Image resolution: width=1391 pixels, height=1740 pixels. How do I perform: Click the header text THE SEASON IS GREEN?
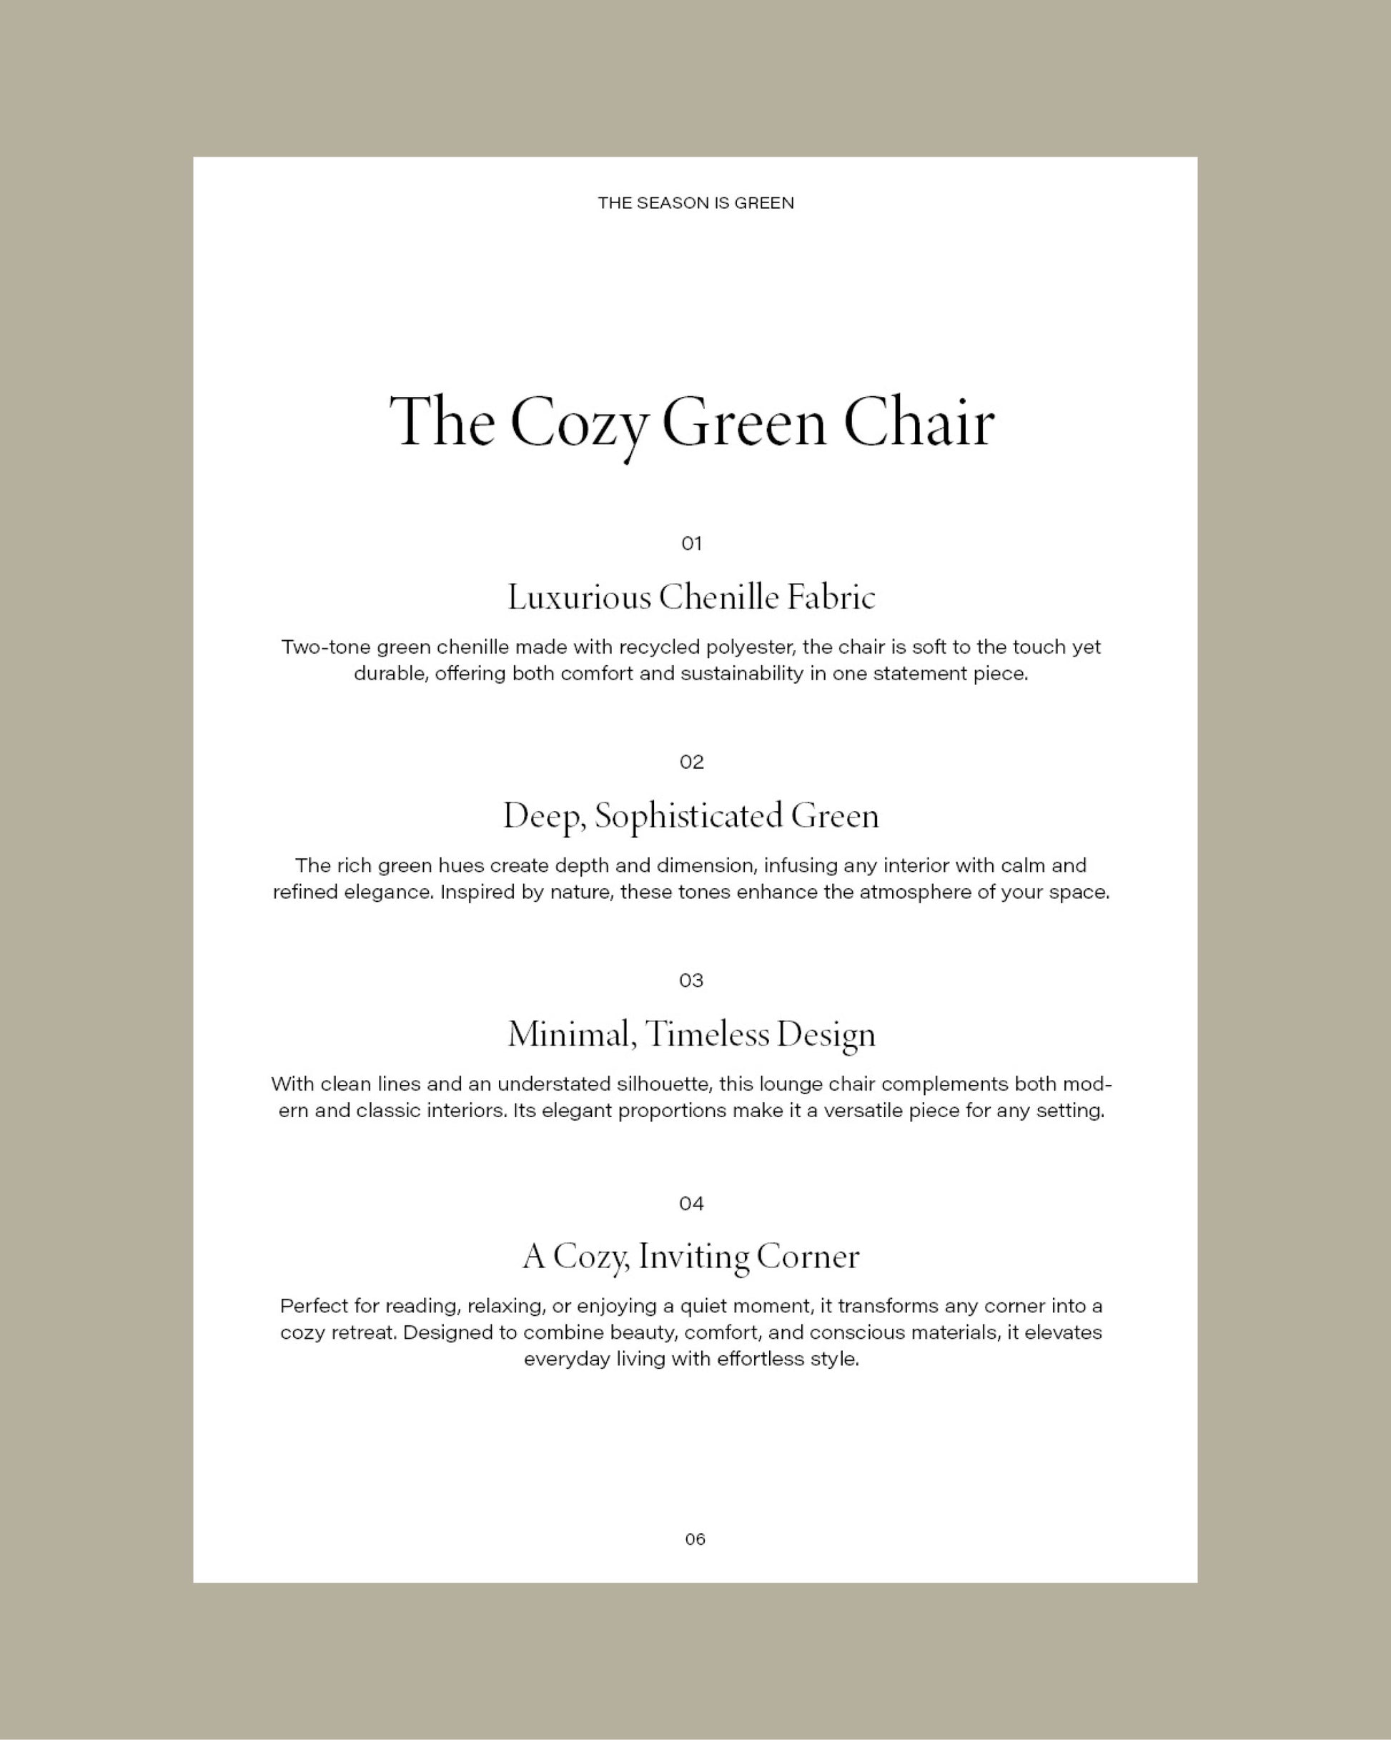pos(695,203)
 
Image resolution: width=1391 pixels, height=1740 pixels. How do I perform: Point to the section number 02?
pos(691,762)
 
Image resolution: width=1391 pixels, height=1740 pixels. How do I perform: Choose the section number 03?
pos(691,980)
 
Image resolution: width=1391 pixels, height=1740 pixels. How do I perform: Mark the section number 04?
pos(691,1204)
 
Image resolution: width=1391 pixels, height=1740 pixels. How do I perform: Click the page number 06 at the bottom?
pos(695,1540)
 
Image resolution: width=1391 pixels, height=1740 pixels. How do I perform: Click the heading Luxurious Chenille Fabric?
pos(691,598)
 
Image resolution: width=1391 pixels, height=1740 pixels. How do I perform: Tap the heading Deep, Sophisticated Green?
pos(691,817)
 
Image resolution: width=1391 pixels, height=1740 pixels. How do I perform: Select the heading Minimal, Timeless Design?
pos(691,1036)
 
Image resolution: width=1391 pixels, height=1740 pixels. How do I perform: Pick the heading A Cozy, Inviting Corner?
pos(691,1257)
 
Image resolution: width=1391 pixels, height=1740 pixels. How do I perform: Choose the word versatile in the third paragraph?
pos(863,1111)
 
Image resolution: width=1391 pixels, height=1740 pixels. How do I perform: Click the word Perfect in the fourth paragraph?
pos(309,1306)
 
